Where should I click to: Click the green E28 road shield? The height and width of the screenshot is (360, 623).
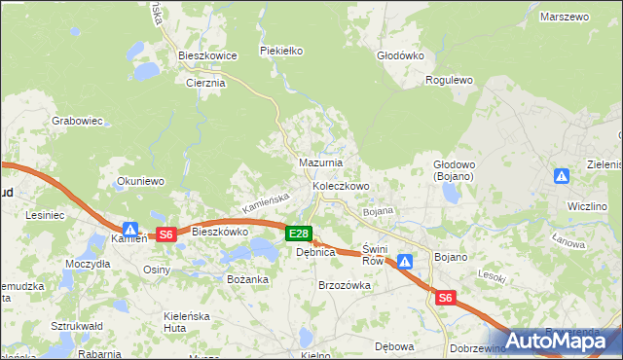pos(299,234)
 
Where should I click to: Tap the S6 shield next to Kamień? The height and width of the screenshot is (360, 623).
pos(165,234)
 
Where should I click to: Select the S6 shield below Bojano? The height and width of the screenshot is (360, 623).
pos(446,299)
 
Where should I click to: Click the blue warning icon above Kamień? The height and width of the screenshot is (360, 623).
pos(129,226)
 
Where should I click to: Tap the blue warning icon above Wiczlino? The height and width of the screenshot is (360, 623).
pos(562,176)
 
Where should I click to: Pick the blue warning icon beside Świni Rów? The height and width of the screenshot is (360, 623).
pos(405,261)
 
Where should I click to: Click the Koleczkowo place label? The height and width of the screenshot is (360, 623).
pos(341,186)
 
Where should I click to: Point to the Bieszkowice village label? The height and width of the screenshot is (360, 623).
pos(207,56)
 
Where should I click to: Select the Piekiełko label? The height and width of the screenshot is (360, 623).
pos(282,51)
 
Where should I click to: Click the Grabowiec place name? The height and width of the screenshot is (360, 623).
pos(77,122)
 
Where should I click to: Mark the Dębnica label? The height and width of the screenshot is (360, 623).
pos(315,252)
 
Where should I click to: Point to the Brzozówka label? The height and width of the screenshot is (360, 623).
pos(345,285)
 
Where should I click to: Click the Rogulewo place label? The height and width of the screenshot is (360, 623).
pos(449,81)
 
